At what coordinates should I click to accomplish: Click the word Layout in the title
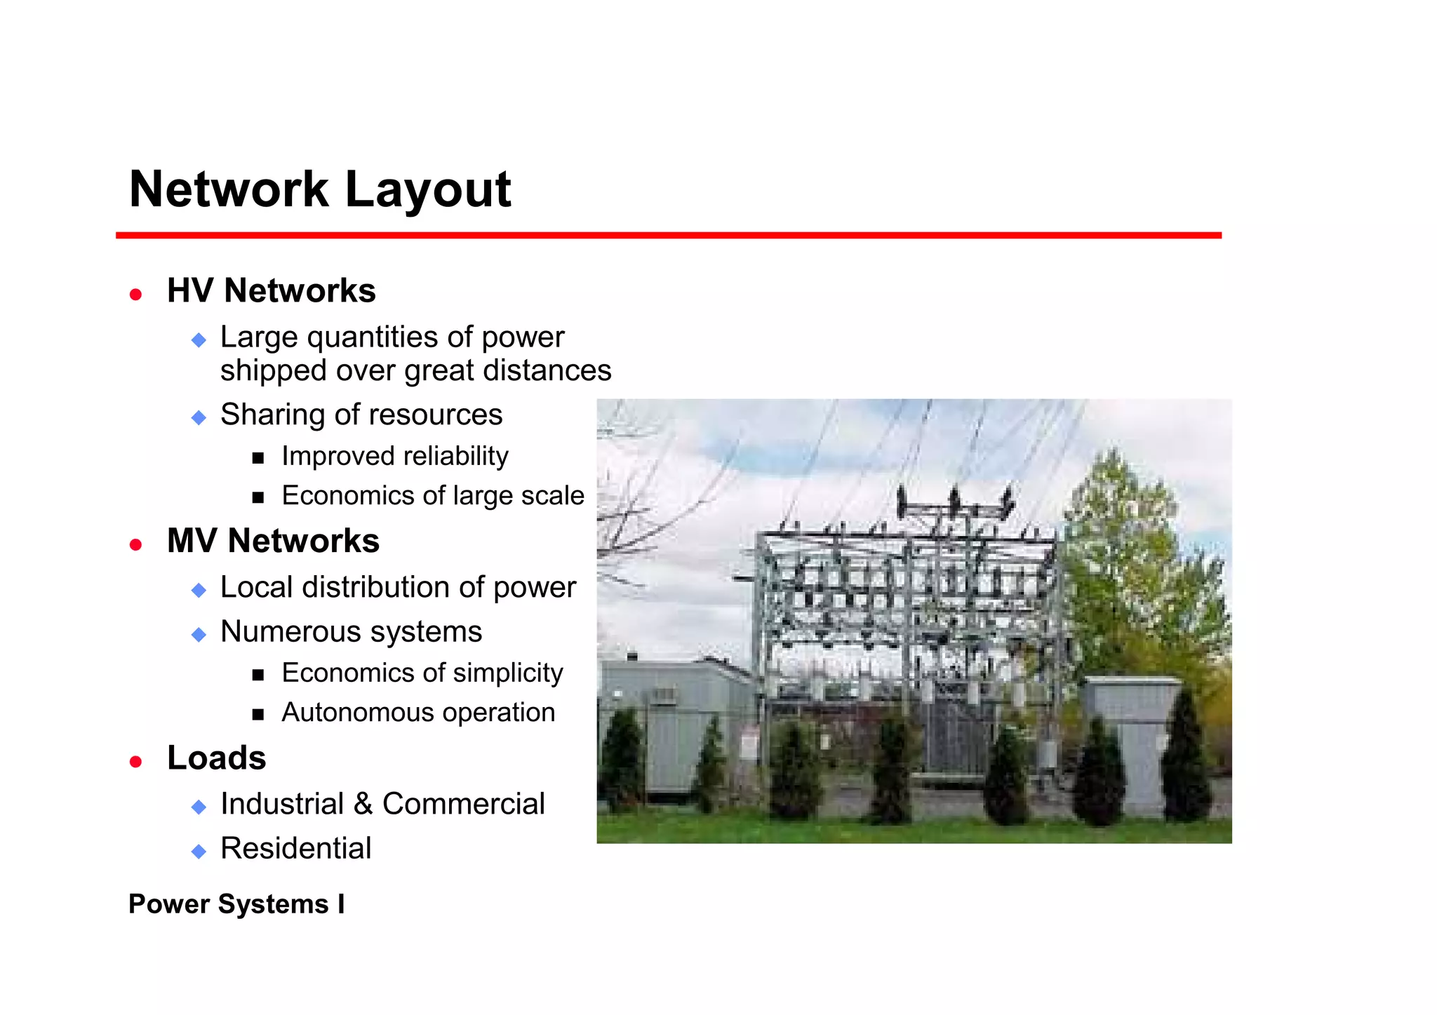tap(428, 190)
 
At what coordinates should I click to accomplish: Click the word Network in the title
tap(229, 190)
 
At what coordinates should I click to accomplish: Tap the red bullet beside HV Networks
tap(136, 294)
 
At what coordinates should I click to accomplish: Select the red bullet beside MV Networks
tap(136, 544)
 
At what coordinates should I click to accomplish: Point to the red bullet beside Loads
tap(136, 761)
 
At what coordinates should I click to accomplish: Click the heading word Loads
tap(216, 758)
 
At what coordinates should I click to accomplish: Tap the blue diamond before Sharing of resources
tap(199, 418)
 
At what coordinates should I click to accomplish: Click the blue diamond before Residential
tap(199, 852)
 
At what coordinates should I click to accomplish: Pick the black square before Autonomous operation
tap(258, 715)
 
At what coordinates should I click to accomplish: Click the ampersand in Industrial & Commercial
tap(363, 804)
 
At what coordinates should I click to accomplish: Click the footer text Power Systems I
tap(236, 904)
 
